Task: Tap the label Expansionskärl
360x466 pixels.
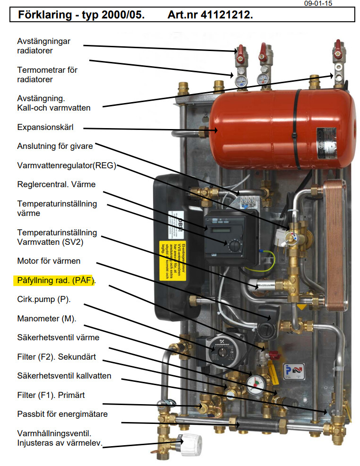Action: point(45,128)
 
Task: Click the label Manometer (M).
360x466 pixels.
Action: point(46,319)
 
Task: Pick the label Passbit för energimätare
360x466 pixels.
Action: point(62,414)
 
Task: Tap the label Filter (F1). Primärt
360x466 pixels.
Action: point(51,395)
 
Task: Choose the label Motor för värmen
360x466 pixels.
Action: point(49,261)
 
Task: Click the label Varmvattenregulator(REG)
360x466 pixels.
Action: point(67,165)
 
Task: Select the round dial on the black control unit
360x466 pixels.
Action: point(234,245)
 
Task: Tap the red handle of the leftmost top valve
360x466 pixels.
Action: point(241,49)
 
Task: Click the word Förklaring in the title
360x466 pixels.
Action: point(45,15)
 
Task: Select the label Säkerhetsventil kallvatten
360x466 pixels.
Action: point(64,376)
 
